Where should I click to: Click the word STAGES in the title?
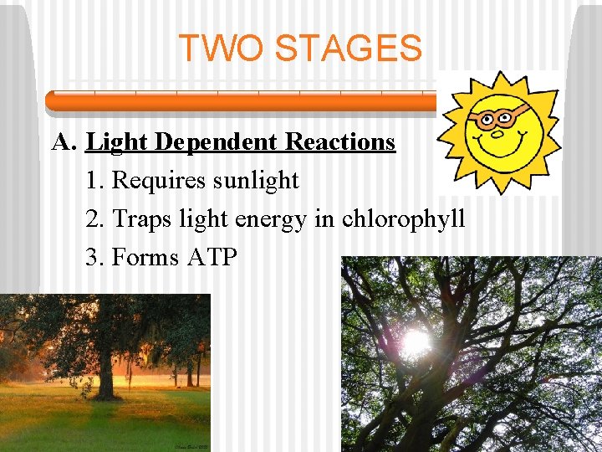pos(349,48)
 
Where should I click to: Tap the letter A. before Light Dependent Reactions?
pos(64,142)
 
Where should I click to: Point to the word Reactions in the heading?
pos(340,142)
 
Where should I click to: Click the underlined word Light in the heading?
pos(117,142)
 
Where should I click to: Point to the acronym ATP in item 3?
pos(212,257)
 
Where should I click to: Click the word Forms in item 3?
pos(145,257)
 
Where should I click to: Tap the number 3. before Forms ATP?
pos(95,257)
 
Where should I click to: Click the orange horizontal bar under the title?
pos(242,101)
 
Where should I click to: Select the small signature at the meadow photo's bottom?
pos(190,446)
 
